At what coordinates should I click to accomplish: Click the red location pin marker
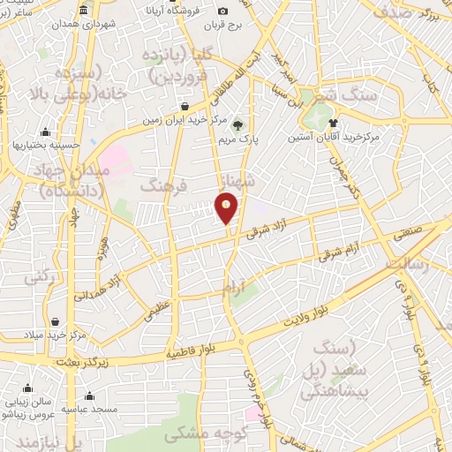click(x=227, y=208)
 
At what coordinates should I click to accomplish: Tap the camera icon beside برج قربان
click(x=222, y=11)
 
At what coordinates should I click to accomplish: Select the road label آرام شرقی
click(x=335, y=245)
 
